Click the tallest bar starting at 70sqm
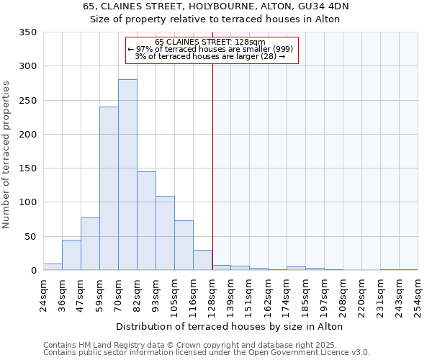click(127, 175)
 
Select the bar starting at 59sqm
click(109, 189)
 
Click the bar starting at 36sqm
click(71, 255)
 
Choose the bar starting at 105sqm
click(184, 246)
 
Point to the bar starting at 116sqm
click(202, 260)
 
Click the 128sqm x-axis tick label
click(212, 294)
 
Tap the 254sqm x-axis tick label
click(418, 294)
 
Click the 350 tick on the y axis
click(28, 32)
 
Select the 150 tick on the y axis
click(28, 168)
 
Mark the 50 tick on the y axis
click(31, 236)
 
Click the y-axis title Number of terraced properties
click(7, 155)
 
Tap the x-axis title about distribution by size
click(229, 326)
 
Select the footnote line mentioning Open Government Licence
click(207, 353)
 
